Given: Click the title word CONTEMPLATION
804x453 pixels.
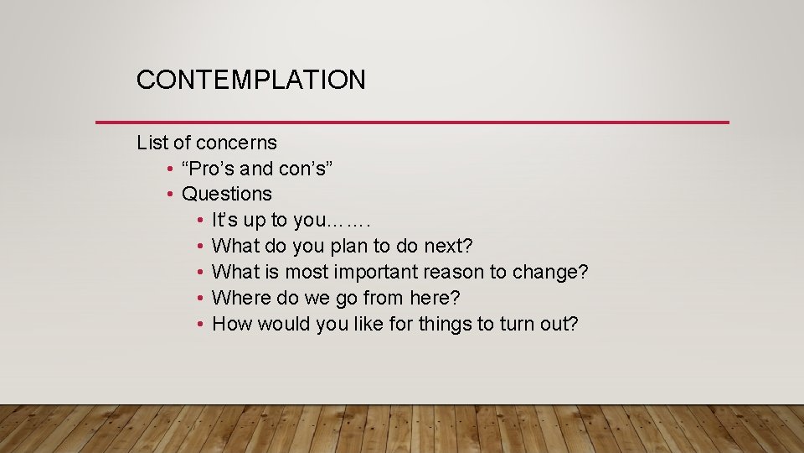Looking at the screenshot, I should click(250, 80).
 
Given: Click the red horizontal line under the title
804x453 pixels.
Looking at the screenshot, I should click(412, 122).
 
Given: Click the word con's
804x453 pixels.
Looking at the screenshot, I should click(306, 169).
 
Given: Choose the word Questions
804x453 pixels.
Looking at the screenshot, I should click(227, 194).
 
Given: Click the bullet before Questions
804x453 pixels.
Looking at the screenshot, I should click(170, 195).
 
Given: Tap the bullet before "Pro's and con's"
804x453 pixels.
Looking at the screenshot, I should click(170, 169).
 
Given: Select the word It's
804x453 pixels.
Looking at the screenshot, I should click(226, 220).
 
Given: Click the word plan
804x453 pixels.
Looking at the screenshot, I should click(351, 246).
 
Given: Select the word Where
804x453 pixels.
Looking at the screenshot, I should click(240, 298).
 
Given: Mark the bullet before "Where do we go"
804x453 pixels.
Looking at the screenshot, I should click(200, 299).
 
